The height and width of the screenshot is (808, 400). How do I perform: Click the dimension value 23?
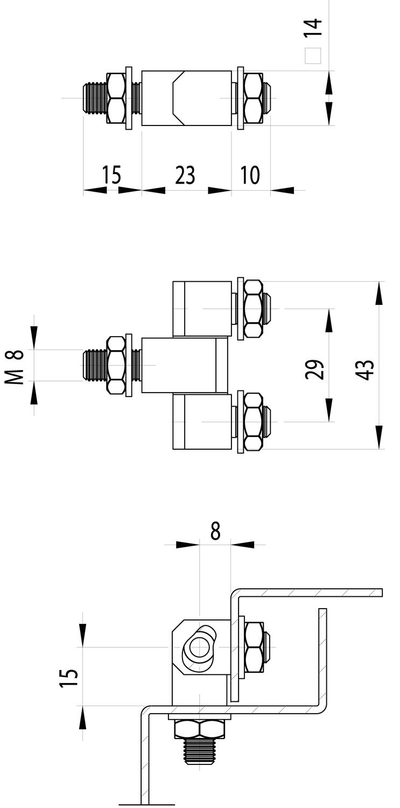point(185,175)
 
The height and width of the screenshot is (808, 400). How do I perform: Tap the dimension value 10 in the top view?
point(249,175)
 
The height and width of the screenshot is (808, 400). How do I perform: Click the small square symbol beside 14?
point(313,56)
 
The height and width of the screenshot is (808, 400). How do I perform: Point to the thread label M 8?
point(16,367)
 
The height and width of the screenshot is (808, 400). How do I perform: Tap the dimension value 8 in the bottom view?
point(215,531)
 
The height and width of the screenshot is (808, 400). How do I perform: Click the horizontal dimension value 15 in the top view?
point(112,175)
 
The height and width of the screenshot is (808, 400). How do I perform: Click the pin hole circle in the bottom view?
point(200,646)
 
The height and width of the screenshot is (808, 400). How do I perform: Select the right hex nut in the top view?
point(252,98)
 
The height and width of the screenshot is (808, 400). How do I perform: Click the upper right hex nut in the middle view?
point(253,309)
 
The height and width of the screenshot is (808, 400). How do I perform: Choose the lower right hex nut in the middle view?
point(253,422)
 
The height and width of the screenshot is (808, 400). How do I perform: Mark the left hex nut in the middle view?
point(116,365)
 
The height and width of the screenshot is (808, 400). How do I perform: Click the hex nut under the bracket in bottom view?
point(199,729)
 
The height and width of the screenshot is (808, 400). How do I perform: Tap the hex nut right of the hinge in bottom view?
point(254,647)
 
